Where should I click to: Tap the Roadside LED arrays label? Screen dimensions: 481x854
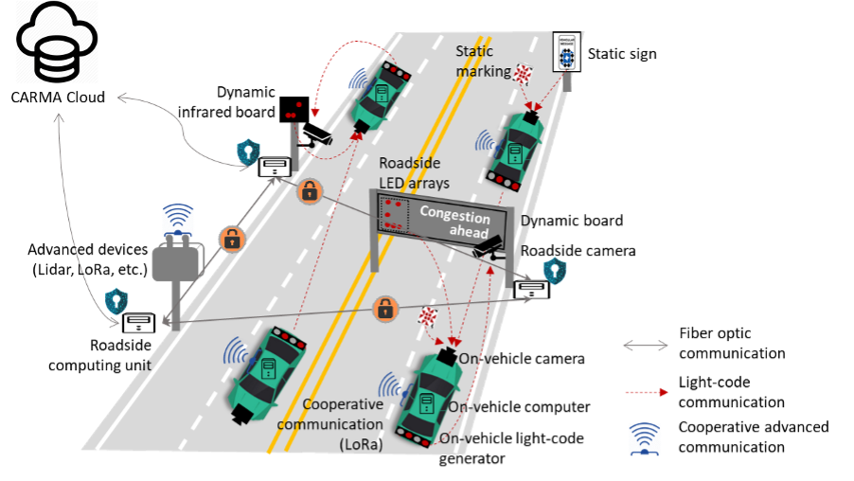414,172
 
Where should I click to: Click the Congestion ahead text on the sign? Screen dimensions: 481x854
455,224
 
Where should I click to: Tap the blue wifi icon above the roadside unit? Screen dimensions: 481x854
178,221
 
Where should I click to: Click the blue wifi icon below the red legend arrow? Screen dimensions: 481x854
645,438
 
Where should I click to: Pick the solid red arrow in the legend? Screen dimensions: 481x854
647,392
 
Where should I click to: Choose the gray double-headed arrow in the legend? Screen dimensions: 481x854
645,347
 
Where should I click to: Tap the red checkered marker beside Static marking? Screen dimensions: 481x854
524,73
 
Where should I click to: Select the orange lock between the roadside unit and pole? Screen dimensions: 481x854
232,239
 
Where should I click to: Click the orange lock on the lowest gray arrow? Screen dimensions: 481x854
384,308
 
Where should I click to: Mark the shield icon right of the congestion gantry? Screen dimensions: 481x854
554,271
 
